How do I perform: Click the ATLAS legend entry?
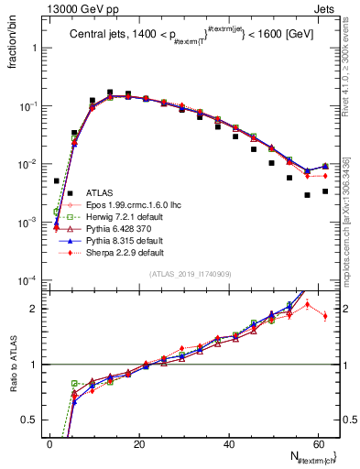pyautogui.click(x=100, y=193)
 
